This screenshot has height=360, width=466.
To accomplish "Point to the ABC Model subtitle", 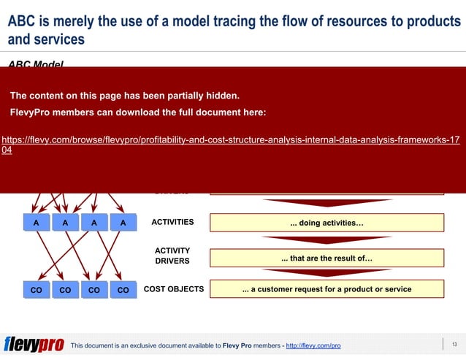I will coord(36,64).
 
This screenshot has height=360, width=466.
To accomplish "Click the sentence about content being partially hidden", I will coord(124,95).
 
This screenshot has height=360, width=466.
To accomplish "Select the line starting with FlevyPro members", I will coord(137,112).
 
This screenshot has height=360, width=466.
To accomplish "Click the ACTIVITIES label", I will coord(172,222).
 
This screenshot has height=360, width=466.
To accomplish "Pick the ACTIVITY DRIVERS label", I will coord(172,256).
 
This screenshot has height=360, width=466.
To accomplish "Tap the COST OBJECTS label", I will coord(174,289).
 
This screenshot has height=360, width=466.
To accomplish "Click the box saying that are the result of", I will coord(326,258).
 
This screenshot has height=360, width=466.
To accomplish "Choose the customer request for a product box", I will coord(326,289).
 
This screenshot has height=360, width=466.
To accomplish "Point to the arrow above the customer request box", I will coord(326,273).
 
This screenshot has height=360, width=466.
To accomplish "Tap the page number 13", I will coord(454,344).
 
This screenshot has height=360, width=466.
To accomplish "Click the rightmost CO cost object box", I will coord(123,290).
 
